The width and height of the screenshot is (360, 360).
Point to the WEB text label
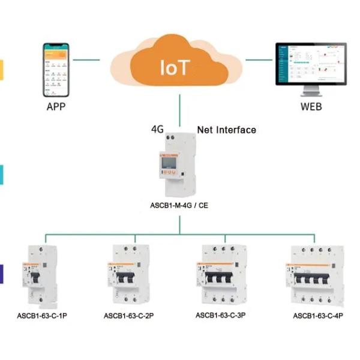[311, 107]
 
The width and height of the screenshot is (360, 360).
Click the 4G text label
[158, 130]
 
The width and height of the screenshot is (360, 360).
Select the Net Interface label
[227, 130]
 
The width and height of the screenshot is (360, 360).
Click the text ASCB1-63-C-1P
[42, 315]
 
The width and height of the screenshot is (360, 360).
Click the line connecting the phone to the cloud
[86, 60]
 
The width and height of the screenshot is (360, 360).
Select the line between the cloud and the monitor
[259, 60]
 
